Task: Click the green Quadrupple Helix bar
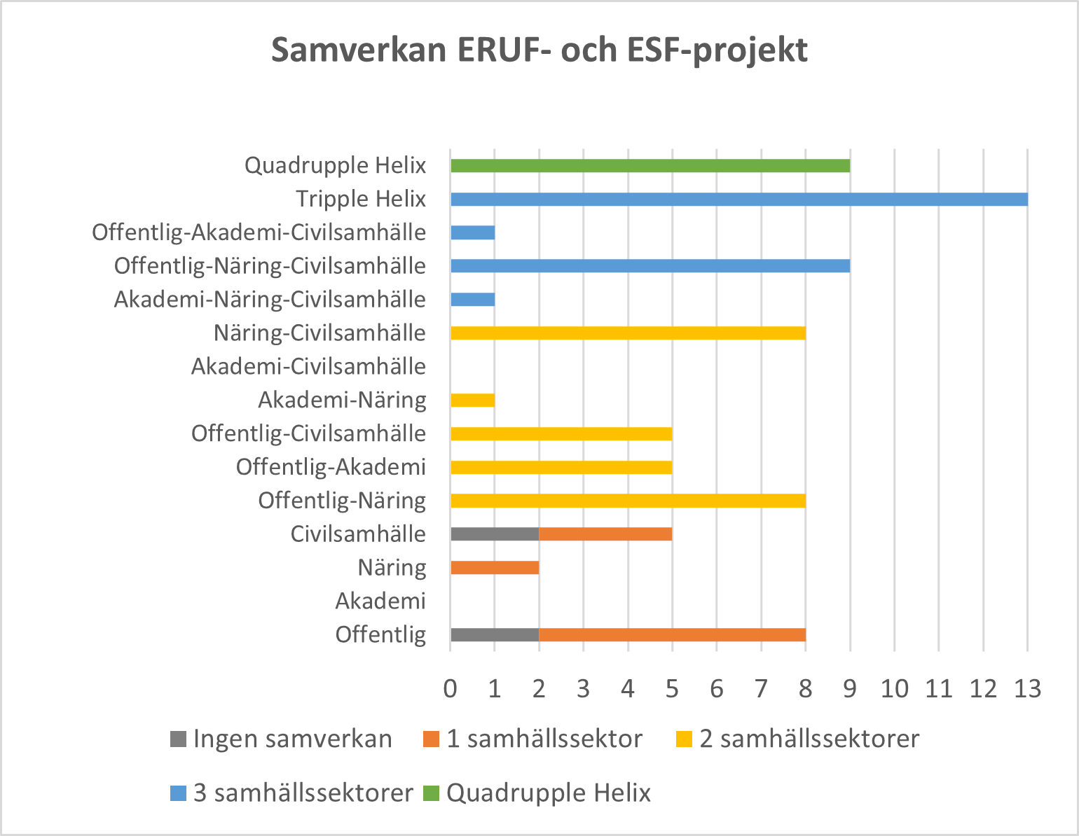pyautogui.click(x=650, y=166)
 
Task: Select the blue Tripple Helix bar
pyautogui.click(x=739, y=200)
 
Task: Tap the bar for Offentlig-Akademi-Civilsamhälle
pyautogui.click(x=473, y=233)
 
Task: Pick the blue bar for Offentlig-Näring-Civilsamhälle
pyautogui.click(x=650, y=266)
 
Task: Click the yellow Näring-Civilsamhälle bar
pyautogui.click(x=628, y=333)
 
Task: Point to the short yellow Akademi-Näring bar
pyautogui.click(x=473, y=400)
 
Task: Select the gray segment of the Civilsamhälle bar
pyautogui.click(x=495, y=534)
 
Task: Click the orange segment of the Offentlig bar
pyautogui.click(x=672, y=635)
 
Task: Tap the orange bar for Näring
pyautogui.click(x=495, y=568)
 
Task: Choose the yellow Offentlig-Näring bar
pyautogui.click(x=628, y=501)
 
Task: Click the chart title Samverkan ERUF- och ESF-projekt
pyautogui.click(x=539, y=50)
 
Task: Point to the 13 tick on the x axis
pyautogui.click(x=1028, y=689)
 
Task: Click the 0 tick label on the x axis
pyautogui.click(x=451, y=689)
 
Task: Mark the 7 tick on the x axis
pyautogui.click(x=761, y=689)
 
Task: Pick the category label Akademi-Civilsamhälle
pyautogui.click(x=308, y=366)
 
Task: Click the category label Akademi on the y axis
pyautogui.click(x=380, y=601)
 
